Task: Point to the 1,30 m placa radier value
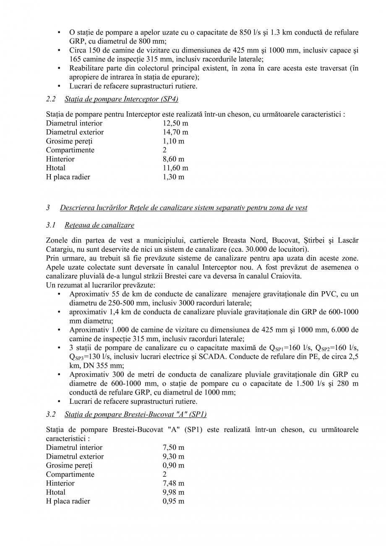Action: pos(173,177)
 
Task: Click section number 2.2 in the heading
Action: pos(51,99)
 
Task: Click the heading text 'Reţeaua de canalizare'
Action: pos(99,225)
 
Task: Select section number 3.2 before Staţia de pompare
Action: pos(51,415)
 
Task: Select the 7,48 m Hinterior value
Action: pos(173,483)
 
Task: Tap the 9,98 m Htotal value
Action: pos(173,492)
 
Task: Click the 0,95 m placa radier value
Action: pos(173,501)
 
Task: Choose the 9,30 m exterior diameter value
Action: pos(173,457)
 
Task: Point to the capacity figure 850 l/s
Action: pos(251,32)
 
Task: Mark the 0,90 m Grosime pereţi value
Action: pos(173,465)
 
